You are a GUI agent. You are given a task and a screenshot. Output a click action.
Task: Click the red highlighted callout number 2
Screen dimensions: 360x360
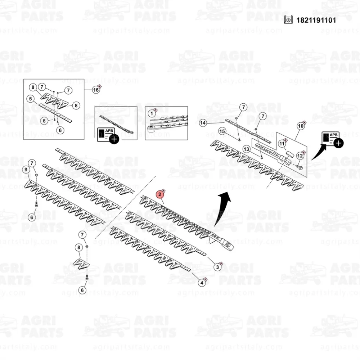click(160, 195)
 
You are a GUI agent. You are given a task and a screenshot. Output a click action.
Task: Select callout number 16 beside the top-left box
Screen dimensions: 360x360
click(96, 90)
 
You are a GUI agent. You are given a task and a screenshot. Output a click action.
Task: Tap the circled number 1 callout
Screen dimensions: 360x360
click(152, 113)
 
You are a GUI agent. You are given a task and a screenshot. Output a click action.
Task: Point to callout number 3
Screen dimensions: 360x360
click(217, 267)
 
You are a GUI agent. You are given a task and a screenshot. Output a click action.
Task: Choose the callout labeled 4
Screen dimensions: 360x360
click(202, 283)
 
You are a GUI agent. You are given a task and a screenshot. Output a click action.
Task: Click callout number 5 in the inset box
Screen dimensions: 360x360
click(31, 99)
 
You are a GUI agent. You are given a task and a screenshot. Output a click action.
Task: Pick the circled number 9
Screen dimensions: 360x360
click(26, 170)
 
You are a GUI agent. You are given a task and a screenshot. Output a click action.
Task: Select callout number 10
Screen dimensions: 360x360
click(301, 126)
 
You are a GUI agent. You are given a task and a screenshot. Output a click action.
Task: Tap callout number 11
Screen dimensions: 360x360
click(282, 144)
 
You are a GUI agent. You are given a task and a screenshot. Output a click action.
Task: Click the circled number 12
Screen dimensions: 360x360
click(300, 156)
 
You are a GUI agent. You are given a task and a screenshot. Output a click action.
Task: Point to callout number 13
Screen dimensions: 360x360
click(246, 149)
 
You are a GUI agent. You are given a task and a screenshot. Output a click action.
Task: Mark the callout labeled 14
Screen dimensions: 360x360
click(202, 123)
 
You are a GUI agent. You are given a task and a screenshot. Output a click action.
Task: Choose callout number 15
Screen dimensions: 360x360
click(222, 131)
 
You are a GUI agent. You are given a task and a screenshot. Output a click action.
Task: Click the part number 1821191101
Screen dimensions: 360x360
click(316, 20)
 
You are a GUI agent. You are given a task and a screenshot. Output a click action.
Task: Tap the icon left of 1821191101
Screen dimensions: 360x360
click(288, 20)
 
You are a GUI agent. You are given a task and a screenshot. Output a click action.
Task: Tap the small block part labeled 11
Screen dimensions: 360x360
click(290, 153)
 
